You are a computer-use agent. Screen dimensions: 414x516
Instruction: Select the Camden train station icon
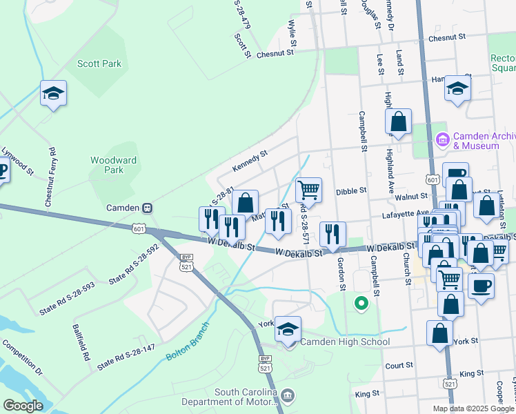(x=147, y=208)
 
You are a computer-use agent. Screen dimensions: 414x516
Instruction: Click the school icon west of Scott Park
(x=53, y=93)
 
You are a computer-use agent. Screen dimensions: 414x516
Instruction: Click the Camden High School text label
(x=346, y=342)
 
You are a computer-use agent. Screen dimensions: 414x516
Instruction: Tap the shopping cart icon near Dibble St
(x=308, y=189)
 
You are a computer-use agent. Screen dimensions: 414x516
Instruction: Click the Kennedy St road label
(x=250, y=164)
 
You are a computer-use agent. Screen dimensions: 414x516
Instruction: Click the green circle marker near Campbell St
(x=360, y=302)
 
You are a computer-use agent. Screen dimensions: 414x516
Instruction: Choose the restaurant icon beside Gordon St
(x=334, y=234)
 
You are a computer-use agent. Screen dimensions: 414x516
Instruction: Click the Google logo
(x=23, y=406)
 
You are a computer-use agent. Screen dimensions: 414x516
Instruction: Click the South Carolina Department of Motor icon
(x=288, y=395)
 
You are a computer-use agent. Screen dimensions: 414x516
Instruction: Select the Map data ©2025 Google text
(x=473, y=408)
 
